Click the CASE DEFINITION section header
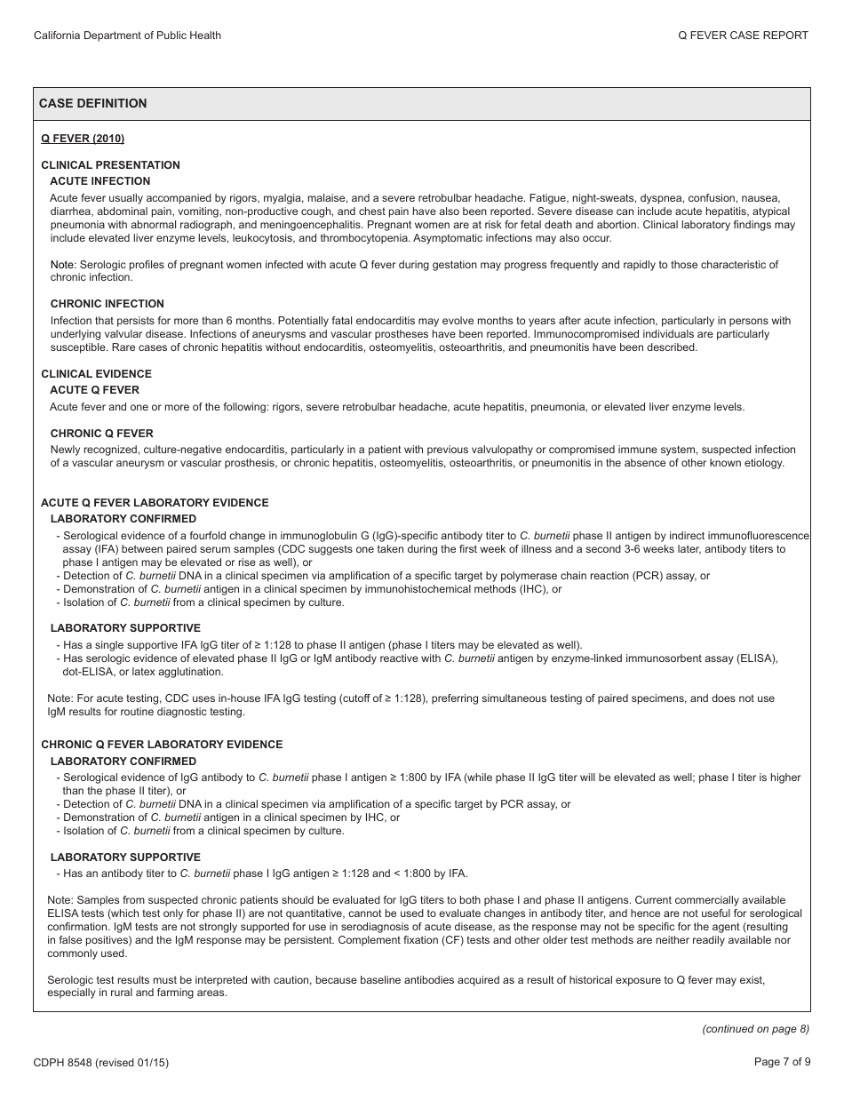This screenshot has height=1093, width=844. [92, 103]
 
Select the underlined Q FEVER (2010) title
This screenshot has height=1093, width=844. [83, 139]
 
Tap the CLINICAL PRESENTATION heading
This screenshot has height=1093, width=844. [110, 165]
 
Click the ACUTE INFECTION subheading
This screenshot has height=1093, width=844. [100, 181]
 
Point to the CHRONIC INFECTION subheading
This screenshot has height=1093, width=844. [107, 304]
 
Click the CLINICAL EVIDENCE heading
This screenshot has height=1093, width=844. [96, 374]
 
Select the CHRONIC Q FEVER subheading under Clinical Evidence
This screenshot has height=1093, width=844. [101, 434]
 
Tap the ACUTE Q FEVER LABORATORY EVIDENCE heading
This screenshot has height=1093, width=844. [155, 503]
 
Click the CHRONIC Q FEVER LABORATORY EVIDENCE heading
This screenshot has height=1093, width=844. [162, 745]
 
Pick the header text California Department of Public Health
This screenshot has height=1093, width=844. [127, 36]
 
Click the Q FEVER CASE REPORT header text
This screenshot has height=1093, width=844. [743, 36]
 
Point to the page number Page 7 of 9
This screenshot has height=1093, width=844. [782, 1062]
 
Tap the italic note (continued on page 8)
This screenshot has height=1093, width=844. [756, 1029]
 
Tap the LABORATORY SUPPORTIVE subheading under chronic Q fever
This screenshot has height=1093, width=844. [125, 858]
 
